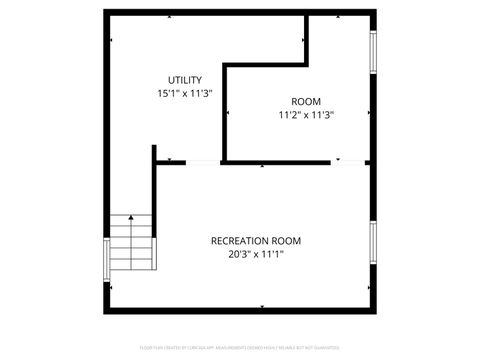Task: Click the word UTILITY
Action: pos(184,80)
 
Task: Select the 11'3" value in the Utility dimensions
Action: pos(202,93)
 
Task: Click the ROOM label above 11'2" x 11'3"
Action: pos(306,101)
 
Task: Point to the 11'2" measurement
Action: pos(289,114)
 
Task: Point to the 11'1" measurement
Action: pos(269,254)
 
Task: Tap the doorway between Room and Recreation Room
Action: pos(352,161)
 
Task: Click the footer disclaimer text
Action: pos(240,347)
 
